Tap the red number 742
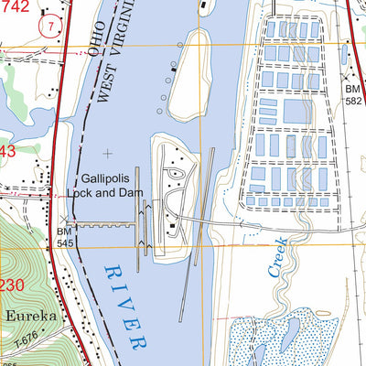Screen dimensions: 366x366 [16, 6]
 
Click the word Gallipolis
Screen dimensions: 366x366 [106, 179]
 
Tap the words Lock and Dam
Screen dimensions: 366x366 [106, 193]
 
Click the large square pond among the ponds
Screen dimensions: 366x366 [296, 113]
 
